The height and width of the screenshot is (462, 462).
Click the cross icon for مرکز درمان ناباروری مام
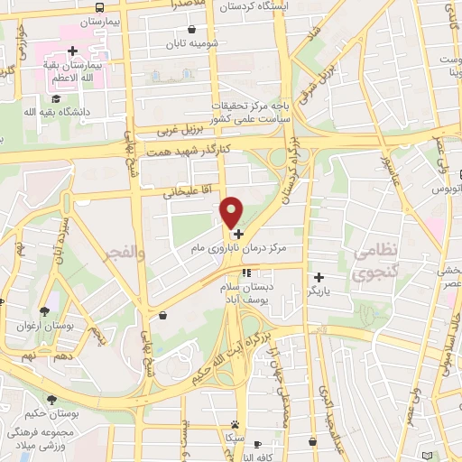[237, 234]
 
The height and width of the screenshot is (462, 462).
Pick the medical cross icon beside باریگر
[318, 277]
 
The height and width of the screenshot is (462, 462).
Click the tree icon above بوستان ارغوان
[44, 311]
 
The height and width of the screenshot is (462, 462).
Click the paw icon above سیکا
[236, 423]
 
